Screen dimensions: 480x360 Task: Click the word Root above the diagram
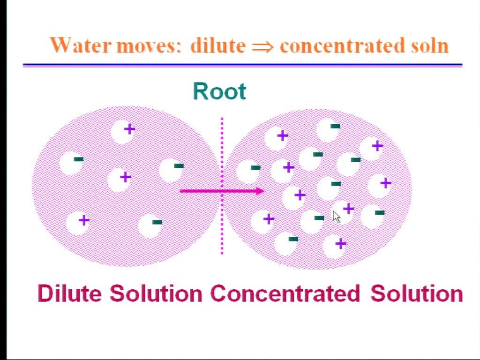click(219, 91)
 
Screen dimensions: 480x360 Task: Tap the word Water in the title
click(81, 45)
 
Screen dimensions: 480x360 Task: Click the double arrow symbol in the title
click(262, 47)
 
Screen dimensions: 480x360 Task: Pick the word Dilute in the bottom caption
click(69, 293)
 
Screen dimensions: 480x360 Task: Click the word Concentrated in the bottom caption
click(285, 293)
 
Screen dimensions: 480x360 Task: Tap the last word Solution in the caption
click(417, 293)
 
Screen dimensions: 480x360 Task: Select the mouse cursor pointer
click(337, 217)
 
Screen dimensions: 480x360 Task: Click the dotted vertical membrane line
click(222, 186)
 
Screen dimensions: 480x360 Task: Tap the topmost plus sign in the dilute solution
click(129, 129)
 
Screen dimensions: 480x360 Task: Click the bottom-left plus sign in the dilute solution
click(84, 220)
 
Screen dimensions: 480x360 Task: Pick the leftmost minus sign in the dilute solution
click(79, 159)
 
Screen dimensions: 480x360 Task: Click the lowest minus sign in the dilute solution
click(157, 222)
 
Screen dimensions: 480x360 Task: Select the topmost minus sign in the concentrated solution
click(335, 126)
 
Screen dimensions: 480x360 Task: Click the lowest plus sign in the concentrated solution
click(341, 244)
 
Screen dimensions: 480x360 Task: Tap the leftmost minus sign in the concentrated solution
click(255, 167)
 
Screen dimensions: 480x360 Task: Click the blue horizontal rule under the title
click(242, 65)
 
